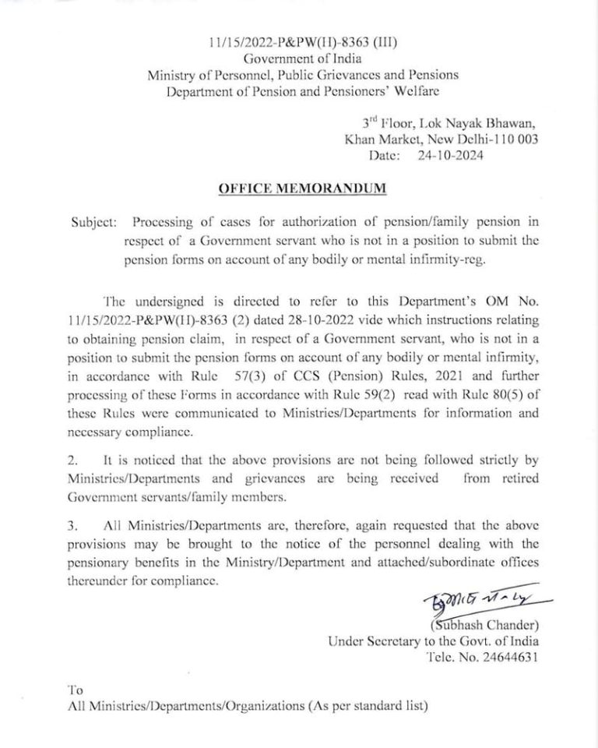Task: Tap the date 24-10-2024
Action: click(x=447, y=156)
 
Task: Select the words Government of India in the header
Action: click(x=302, y=59)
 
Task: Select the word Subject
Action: click(x=93, y=222)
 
